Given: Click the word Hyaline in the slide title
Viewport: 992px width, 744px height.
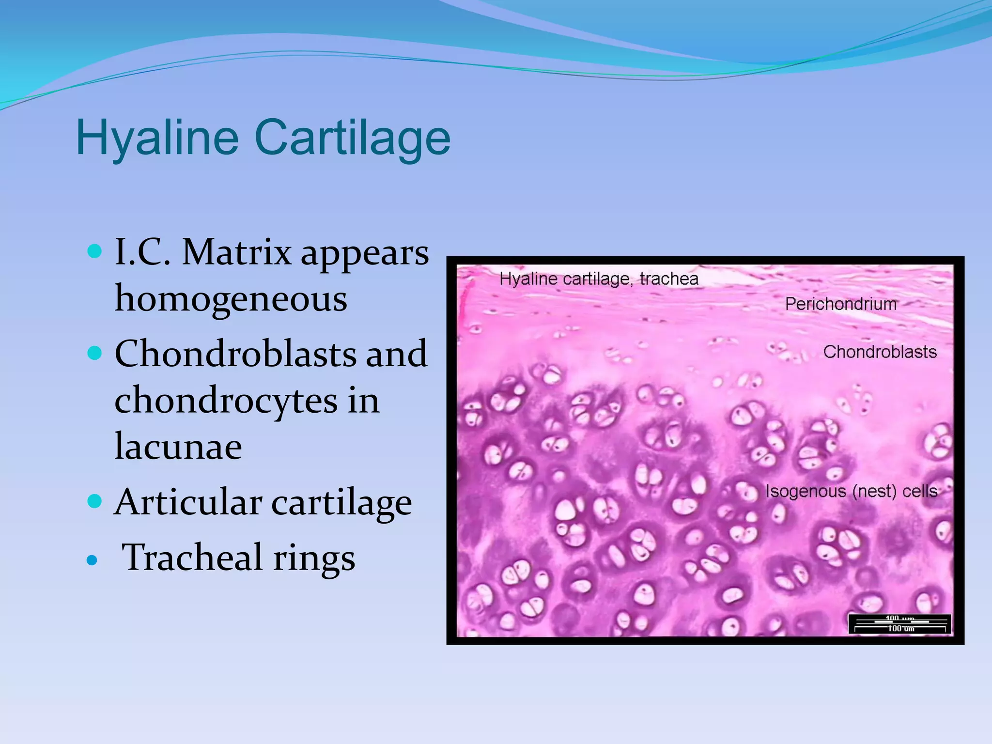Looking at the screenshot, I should click(x=157, y=138).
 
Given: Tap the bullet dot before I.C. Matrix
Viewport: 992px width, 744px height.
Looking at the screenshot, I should click(x=94, y=251).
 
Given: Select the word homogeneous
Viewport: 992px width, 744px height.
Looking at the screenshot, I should click(x=231, y=298).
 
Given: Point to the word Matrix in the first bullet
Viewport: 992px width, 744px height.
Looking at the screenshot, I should click(x=237, y=252).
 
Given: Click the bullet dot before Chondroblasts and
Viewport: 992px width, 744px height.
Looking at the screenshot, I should click(x=94, y=353).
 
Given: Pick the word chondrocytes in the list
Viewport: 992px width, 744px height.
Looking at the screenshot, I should click(x=226, y=401).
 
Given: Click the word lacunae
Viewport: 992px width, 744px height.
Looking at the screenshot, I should click(x=178, y=446).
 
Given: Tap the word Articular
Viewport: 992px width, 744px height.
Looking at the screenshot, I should click(x=188, y=502).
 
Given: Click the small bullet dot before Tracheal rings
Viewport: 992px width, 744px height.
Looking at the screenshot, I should click(x=92, y=560).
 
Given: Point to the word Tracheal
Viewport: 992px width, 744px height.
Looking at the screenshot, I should click(x=192, y=557).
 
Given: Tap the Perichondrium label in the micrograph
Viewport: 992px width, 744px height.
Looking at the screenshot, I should click(x=841, y=304).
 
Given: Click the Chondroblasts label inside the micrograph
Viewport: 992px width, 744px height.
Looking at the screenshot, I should click(x=880, y=352).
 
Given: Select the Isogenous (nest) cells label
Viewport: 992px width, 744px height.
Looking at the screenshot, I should click(x=851, y=491).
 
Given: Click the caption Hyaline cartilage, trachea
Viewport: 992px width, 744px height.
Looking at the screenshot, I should click(x=599, y=279).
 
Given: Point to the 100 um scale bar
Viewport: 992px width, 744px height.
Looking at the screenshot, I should click(x=900, y=624).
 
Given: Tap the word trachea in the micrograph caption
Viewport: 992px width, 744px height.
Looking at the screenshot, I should click(x=669, y=279).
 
